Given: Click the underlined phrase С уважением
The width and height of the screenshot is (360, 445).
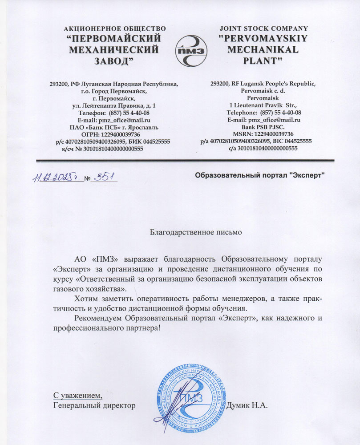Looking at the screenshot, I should click(77, 395).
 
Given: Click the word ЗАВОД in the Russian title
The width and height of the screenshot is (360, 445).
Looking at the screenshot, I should click(115, 60).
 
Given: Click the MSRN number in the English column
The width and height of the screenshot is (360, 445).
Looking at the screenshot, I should click(275, 133).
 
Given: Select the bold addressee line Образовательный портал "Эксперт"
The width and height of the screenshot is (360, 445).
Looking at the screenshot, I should click(260, 176).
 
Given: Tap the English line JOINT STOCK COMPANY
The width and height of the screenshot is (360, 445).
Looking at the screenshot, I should click(264, 28).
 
